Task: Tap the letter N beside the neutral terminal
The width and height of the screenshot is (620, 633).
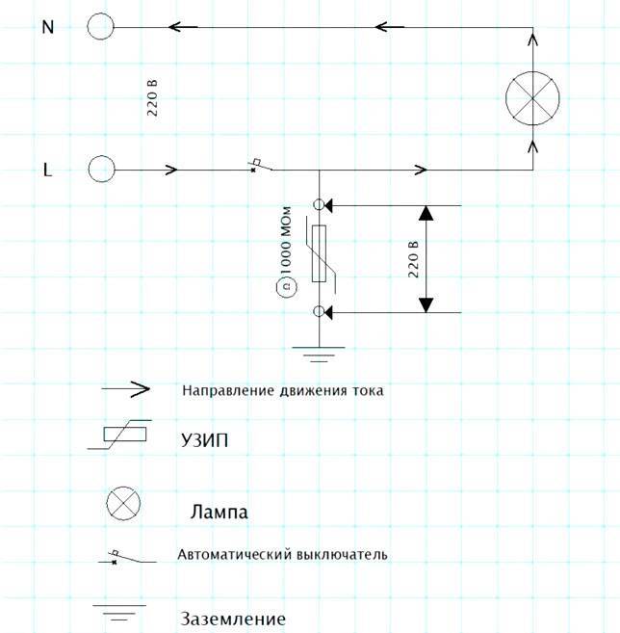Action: [48, 27]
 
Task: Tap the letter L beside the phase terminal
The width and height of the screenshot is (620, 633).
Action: [47, 170]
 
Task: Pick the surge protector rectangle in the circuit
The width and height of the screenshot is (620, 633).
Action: [319, 253]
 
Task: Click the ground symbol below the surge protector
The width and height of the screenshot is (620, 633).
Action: [319, 354]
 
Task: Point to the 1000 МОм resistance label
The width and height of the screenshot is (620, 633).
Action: [286, 241]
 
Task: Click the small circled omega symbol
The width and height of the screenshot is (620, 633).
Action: [286, 287]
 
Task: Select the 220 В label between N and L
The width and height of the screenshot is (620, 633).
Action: [152, 98]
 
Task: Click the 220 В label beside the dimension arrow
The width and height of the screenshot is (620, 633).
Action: [413, 259]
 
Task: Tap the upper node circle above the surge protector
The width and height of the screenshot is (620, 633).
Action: [319, 204]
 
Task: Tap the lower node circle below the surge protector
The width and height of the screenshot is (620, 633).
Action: [319, 311]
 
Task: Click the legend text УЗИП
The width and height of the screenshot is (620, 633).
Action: [204, 440]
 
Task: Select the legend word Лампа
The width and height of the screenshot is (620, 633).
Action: [220, 512]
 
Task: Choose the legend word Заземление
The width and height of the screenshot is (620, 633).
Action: [233, 619]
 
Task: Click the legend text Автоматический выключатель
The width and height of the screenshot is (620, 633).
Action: [282, 554]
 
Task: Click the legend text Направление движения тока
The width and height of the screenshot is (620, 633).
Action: [283, 390]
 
